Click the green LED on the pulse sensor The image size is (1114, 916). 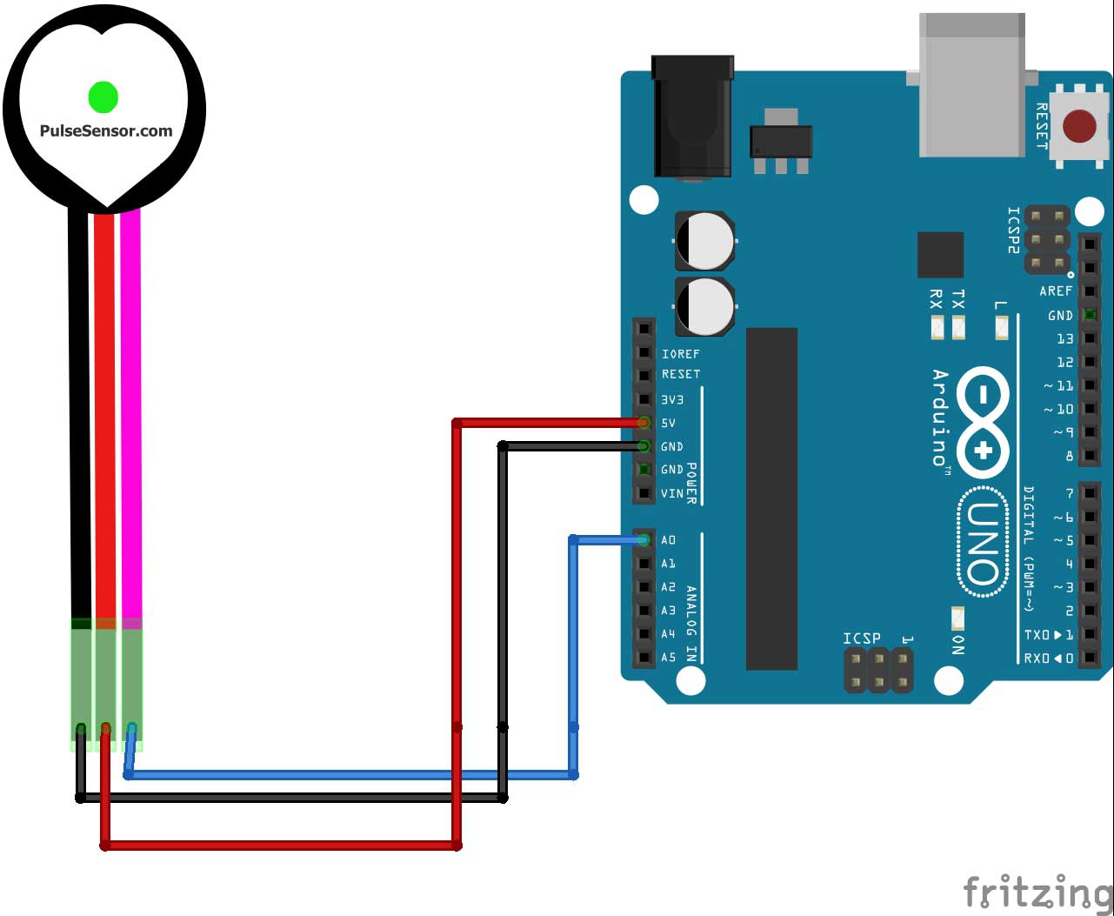(x=103, y=97)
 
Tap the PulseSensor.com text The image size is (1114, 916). (x=106, y=131)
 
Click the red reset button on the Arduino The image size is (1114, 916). (x=1079, y=127)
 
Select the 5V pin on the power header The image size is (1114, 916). (x=644, y=423)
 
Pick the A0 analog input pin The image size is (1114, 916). (x=644, y=540)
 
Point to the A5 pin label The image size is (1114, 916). (x=668, y=658)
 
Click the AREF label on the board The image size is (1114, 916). (x=1056, y=291)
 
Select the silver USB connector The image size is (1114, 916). (x=972, y=85)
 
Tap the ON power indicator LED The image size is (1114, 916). (x=958, y=618)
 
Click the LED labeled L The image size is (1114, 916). (x=1002, y=328)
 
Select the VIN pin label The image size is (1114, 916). (x=672, y=493)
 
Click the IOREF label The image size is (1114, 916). (x=681, y=354)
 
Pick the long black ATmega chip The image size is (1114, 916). (x=771, y=498)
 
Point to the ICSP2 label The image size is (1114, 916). (x=1013, y=230)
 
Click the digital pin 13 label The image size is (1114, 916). (x=1064, y=338)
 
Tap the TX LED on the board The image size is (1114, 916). (x=958, y=328)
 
